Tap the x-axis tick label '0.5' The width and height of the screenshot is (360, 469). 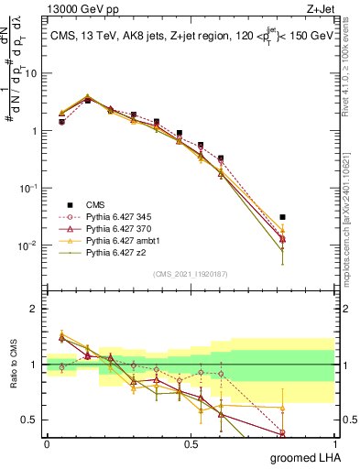click(x=191, y=442)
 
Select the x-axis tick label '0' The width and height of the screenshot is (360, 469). click(x=47, y=442)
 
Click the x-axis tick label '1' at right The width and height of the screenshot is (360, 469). click(x=334, y=442)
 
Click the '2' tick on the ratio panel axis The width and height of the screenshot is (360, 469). click(x=35, y=309)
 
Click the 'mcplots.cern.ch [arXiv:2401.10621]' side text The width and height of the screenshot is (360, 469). click(x=350, y=211)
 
